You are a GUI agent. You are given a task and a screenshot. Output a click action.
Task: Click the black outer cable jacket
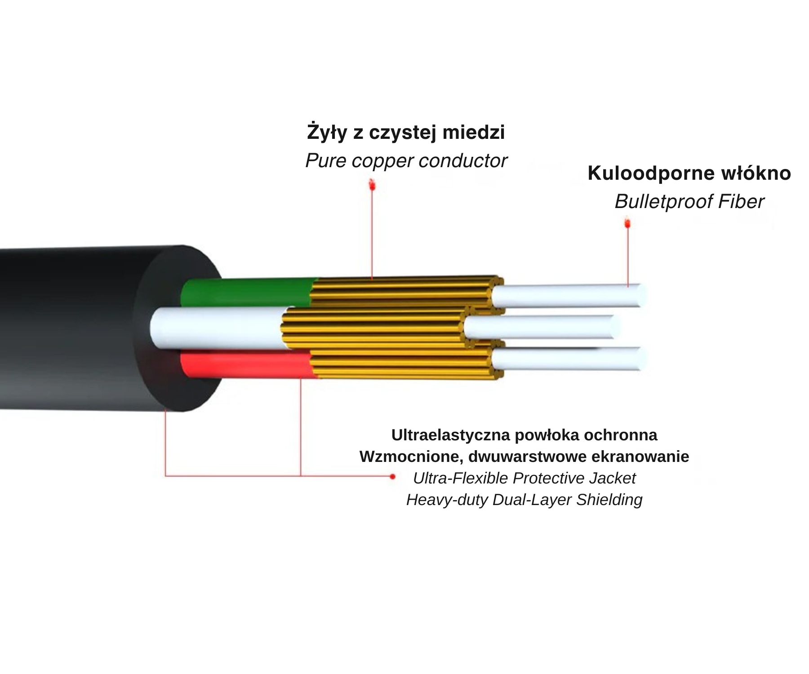point(81,328)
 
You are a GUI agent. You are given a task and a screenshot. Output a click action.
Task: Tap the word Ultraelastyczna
point(450,435)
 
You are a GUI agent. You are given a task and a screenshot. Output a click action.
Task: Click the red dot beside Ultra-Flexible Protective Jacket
point(393,476)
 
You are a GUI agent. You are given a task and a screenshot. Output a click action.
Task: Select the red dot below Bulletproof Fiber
point(627,223)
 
